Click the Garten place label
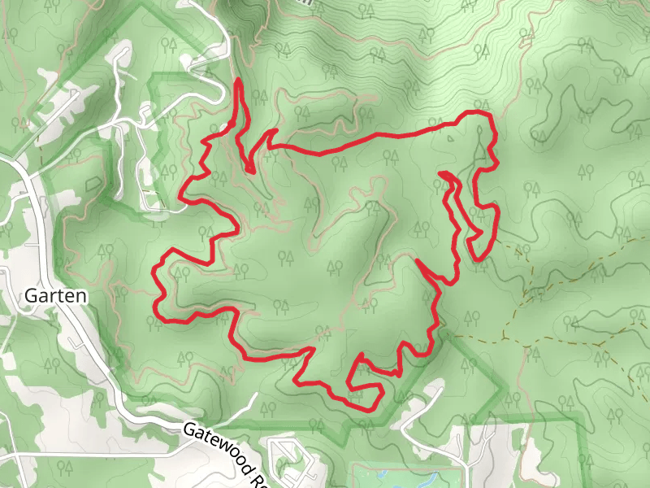coord(55,295)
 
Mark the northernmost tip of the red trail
coord(238,81)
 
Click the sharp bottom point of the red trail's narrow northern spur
coord(250,171)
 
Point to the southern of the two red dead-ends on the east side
coord(417,261)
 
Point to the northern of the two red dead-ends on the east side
coord(440,173)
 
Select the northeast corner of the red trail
coord(490,118)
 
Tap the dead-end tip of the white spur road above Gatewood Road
coord(257,395)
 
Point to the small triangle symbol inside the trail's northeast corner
coord(452,137)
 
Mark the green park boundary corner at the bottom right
coord(583,417)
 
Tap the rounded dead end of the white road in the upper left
coord(123,49)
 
